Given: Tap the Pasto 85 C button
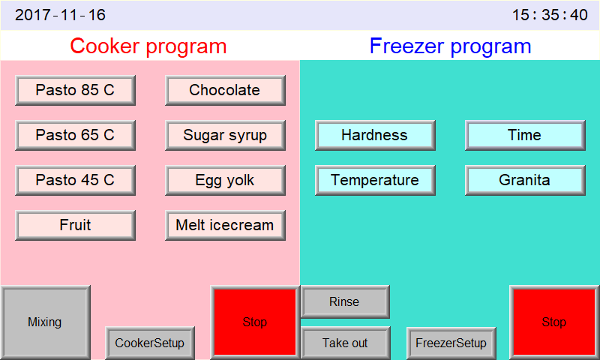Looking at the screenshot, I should tap(75, 90).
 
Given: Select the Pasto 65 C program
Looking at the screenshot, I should tap(75, 135).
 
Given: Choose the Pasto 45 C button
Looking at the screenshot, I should tap(75, 180).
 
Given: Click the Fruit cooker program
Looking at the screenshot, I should tap(75, 225).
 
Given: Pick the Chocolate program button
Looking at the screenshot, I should tap(225, 90).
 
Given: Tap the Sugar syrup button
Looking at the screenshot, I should tap(225, 135).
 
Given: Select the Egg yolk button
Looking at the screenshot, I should tap(225, 180).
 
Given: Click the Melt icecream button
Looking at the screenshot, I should tap(225, 225).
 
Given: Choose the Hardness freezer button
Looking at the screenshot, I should tap(375, 135).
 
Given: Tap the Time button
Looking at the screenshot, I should tap(525, 135).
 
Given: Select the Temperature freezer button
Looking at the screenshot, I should tap(375, 180).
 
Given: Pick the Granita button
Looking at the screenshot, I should tap(525, 180).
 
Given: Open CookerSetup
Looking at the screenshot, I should tap(150, 343).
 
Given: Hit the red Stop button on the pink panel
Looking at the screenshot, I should tap(255, 322).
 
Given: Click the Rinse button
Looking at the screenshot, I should tap(345, 301).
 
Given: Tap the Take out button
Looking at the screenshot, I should tap(345, 343).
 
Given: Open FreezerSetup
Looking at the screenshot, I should tap(451, 343).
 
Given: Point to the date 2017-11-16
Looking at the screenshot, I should tap(61, 15).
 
